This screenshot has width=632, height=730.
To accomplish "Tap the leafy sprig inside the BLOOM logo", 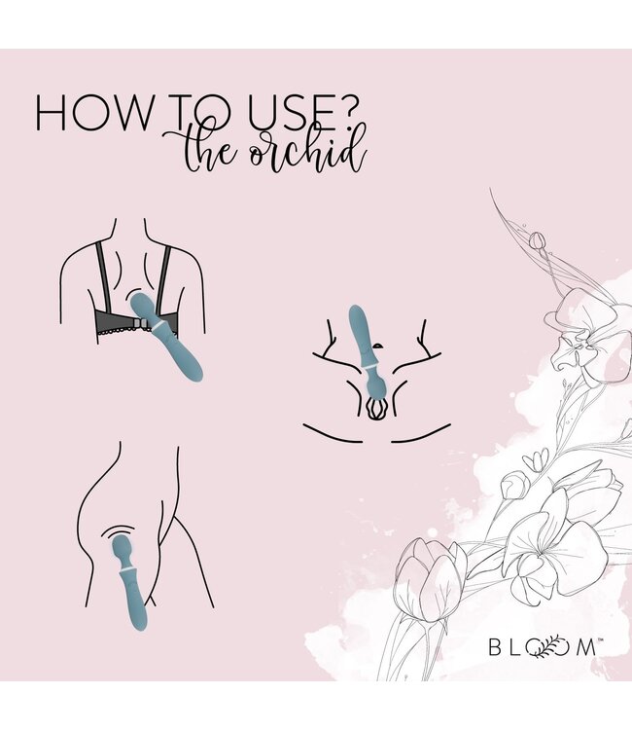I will pos(557,643).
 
